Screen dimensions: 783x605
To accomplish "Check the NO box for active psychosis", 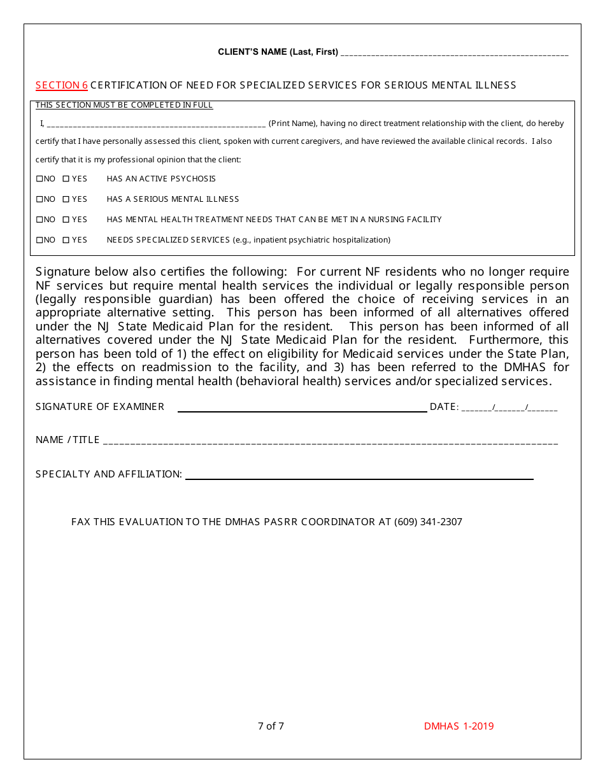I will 39,179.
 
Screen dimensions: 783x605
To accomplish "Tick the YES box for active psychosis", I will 66,179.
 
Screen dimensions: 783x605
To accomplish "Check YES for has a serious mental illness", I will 66,199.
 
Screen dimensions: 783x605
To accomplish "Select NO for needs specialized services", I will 39,240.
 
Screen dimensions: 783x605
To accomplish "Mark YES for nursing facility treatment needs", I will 66,220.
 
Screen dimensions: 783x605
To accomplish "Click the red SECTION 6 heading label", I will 62,85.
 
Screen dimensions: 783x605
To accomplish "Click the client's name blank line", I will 454,53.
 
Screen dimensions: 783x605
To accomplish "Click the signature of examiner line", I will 302,408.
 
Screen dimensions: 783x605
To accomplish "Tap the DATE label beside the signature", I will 443,407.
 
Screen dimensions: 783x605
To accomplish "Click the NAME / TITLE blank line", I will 330,441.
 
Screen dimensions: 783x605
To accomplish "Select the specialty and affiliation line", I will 359,476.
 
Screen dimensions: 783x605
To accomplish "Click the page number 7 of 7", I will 271,726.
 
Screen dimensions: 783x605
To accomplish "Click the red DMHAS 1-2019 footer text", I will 459,726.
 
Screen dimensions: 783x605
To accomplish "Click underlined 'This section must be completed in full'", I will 124,105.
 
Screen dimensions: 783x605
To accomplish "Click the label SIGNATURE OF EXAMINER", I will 100,407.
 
